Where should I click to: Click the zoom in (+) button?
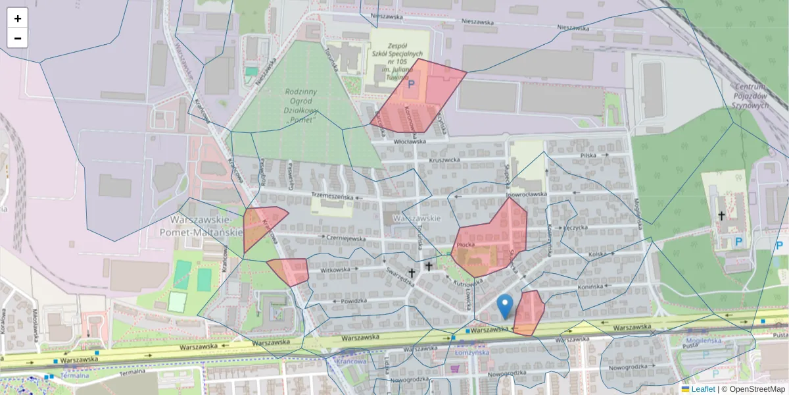pos(18,18)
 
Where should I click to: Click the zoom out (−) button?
pos(18,38)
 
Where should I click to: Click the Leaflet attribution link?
pos(702,389)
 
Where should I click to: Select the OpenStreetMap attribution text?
pos(755,389)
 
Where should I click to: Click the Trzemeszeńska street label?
pos(337,196)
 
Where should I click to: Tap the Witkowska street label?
pos(335,270)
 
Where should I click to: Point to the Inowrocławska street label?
pos(526,195)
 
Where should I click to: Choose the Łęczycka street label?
pos(575,227)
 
